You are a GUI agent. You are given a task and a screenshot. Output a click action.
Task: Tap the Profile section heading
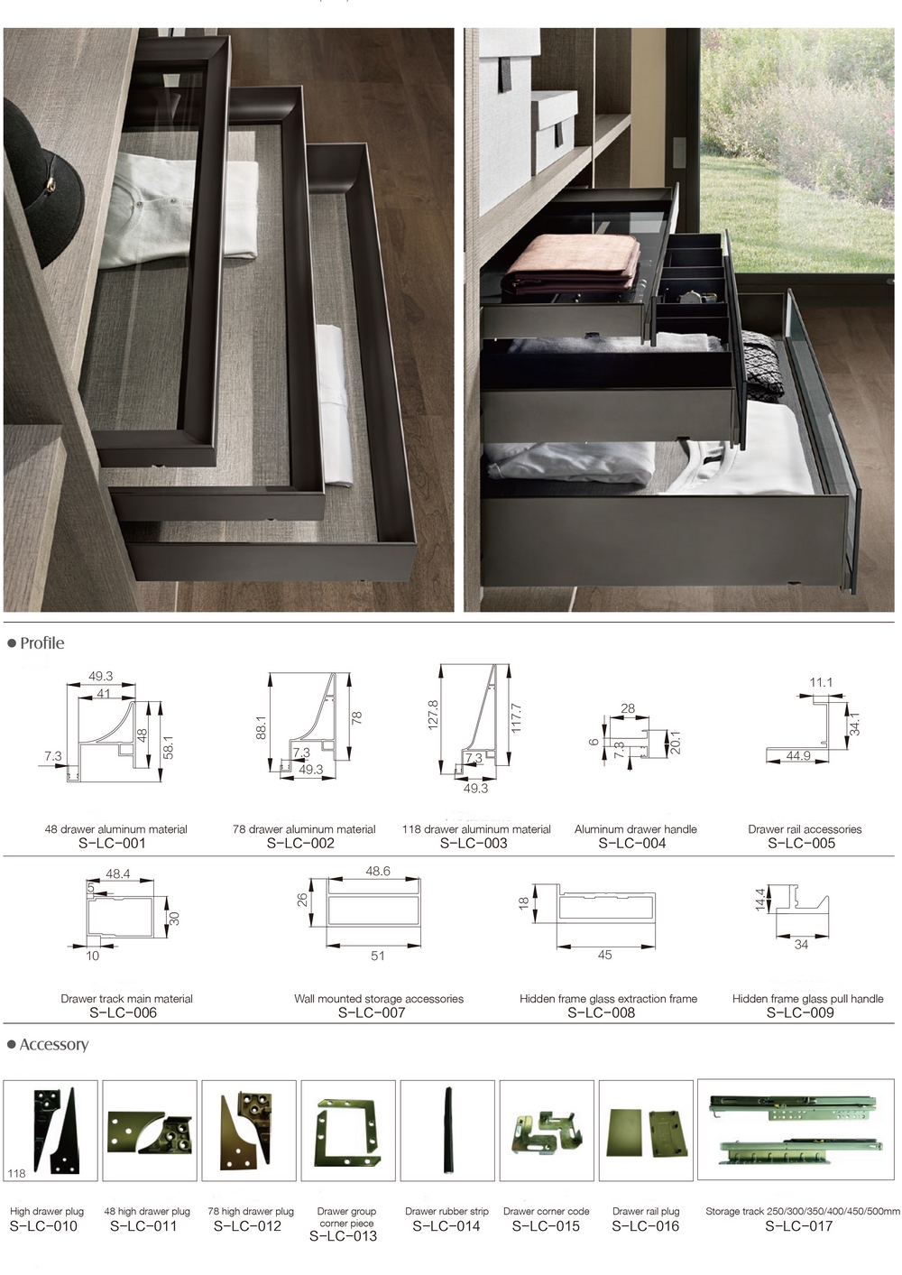tap(42, 643)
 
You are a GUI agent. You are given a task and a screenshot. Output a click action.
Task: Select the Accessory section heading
tap(54, 1045)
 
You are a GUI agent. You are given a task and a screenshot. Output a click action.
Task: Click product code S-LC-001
tap(112, 843)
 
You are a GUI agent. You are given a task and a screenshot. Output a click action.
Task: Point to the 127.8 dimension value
tap(433, 715)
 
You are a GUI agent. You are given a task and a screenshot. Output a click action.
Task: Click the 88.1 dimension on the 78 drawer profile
tap(262, 727)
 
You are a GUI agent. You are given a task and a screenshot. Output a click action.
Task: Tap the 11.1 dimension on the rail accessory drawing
tap(821, 682)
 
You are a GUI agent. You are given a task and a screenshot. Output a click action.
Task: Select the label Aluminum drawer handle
tap(636, 829)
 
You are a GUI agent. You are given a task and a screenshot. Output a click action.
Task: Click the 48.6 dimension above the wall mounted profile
tap(378, 872)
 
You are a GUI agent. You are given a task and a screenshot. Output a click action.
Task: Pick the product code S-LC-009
tap(800, 1012)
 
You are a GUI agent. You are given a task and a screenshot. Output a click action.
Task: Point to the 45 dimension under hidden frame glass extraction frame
tap(605, 955)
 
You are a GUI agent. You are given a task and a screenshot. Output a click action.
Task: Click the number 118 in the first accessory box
tap(16, 1173)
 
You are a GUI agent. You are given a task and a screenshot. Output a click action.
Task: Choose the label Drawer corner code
tap(547, 1211)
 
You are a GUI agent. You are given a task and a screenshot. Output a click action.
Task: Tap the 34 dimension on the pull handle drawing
tap(801, 945)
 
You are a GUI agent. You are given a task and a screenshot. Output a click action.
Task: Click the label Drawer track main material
tap(127, 999)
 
